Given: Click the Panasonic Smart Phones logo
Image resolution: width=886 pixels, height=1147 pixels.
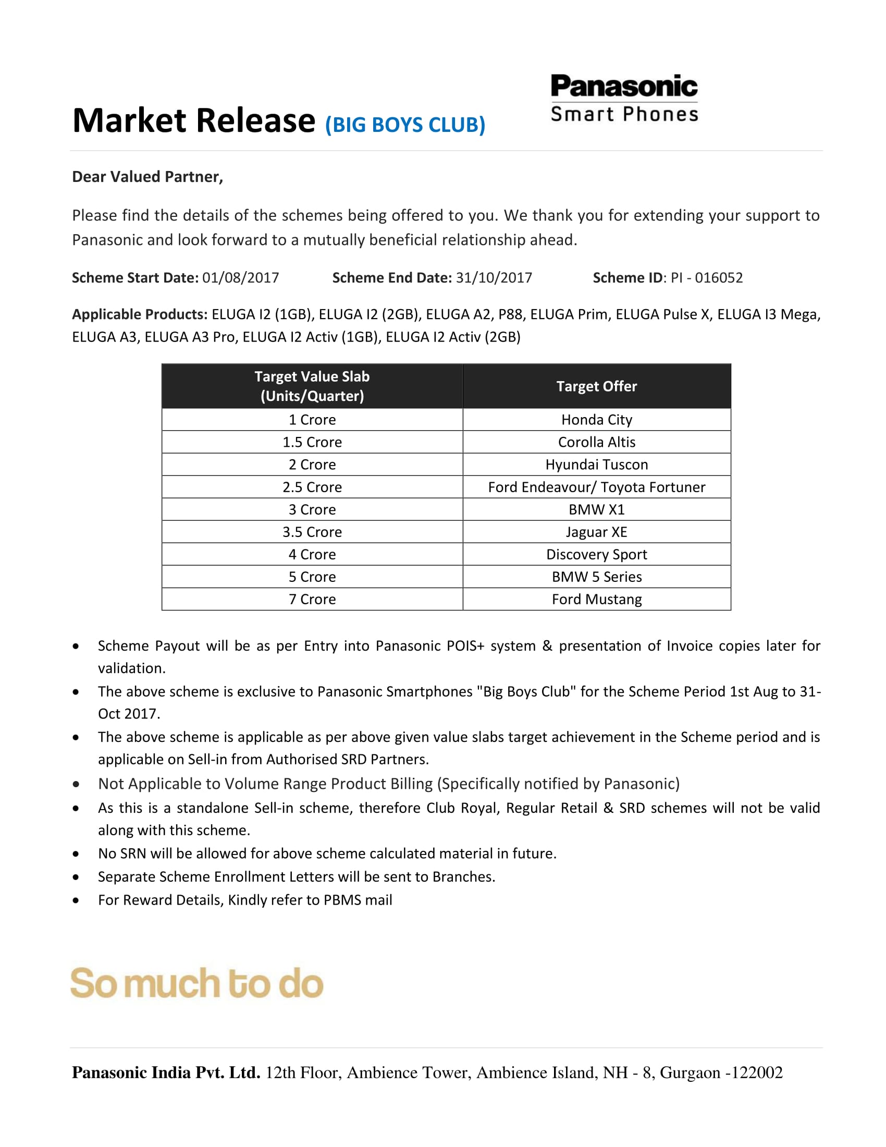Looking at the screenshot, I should coord(623,99).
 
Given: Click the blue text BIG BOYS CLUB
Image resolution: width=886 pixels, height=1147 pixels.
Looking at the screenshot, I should coord(405,125).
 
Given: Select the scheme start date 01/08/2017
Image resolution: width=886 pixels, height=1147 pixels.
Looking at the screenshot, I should coord(240,278).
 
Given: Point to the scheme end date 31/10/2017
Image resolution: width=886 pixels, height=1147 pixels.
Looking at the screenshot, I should coord(494,278).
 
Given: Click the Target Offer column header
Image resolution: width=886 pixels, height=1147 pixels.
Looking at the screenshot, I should coord(596,386).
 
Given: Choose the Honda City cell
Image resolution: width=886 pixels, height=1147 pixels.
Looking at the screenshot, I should coord(596,420).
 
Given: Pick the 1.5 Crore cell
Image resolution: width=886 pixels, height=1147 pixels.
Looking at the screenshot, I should coord(312,442).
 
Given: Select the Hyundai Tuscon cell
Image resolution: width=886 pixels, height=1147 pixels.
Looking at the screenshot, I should coord(596,465).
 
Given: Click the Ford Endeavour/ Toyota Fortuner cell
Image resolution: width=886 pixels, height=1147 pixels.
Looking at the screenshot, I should coord(596,487).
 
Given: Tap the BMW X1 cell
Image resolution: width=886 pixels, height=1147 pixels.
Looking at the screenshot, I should coord(596,509).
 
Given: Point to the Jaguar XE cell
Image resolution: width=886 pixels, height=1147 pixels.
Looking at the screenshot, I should coord(596,532).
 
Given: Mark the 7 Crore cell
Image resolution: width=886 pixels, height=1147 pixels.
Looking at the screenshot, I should coord(312,599).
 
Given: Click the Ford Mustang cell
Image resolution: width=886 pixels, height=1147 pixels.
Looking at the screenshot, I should coord(596,599).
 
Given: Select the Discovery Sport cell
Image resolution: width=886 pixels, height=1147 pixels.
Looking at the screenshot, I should coord(596,555).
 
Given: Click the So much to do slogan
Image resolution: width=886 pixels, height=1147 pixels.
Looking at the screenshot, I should coord(197,984).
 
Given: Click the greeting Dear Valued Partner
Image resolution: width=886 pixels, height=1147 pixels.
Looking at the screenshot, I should coord(147,177).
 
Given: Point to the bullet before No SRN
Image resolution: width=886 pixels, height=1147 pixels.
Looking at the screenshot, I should coord(76,854).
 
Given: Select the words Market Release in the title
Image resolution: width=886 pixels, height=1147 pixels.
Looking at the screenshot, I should coord(193,121).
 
